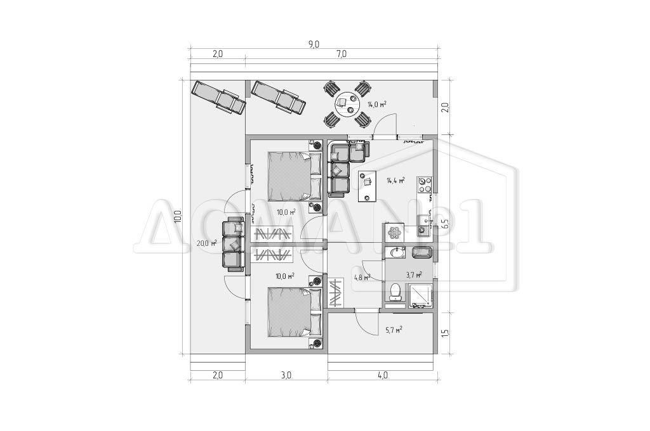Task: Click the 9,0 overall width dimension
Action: [x=314, y=44]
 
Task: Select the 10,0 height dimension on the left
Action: [x=178, y=217]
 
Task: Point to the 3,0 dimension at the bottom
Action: [x=286, y=375]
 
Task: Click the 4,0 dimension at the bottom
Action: [x=383, y=375]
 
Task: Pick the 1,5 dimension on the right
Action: [x=444, y=333]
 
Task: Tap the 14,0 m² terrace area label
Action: [x=376, y=105]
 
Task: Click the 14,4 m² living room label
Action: [x=395, y=181]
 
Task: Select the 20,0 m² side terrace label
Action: [x=207, y=243]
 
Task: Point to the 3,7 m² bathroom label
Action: [x=414, y=274]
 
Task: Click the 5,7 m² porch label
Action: [x=394, y=330]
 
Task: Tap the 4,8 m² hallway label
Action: [x=362, y=278]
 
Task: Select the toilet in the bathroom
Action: [x=395, y=291]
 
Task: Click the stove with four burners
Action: [x=425, y=184]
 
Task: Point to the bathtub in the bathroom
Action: [x=422, y=252]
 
